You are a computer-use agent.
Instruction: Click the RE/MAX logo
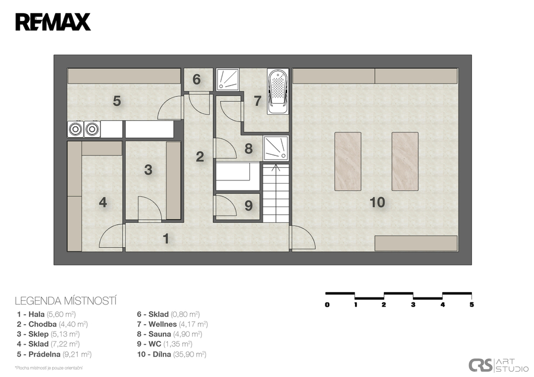pos(53,22)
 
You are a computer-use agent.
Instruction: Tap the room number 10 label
pos(378,202)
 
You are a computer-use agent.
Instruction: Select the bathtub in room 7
pos(278,91)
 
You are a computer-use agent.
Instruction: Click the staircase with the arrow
pos(275,193)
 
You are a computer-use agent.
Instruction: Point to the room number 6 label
pos(197,80)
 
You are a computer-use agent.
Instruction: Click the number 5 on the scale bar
pos(471,305)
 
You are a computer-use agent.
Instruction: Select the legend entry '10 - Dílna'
pos(172,354)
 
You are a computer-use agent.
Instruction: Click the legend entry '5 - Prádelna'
pos(54,354)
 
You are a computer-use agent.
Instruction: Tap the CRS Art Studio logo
pos(497,365)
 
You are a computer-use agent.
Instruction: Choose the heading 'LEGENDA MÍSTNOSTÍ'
pos(66,301)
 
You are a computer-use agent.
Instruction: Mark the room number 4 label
pos(103,203)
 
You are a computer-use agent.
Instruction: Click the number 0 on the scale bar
pos(327,305)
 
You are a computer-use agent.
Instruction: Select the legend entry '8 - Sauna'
pos(169,334)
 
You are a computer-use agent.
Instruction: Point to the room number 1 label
pos(166,239)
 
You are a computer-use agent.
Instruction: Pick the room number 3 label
pos(148,169)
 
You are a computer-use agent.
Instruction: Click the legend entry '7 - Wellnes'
pos(172,324)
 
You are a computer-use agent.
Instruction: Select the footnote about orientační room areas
pos(48,368)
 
